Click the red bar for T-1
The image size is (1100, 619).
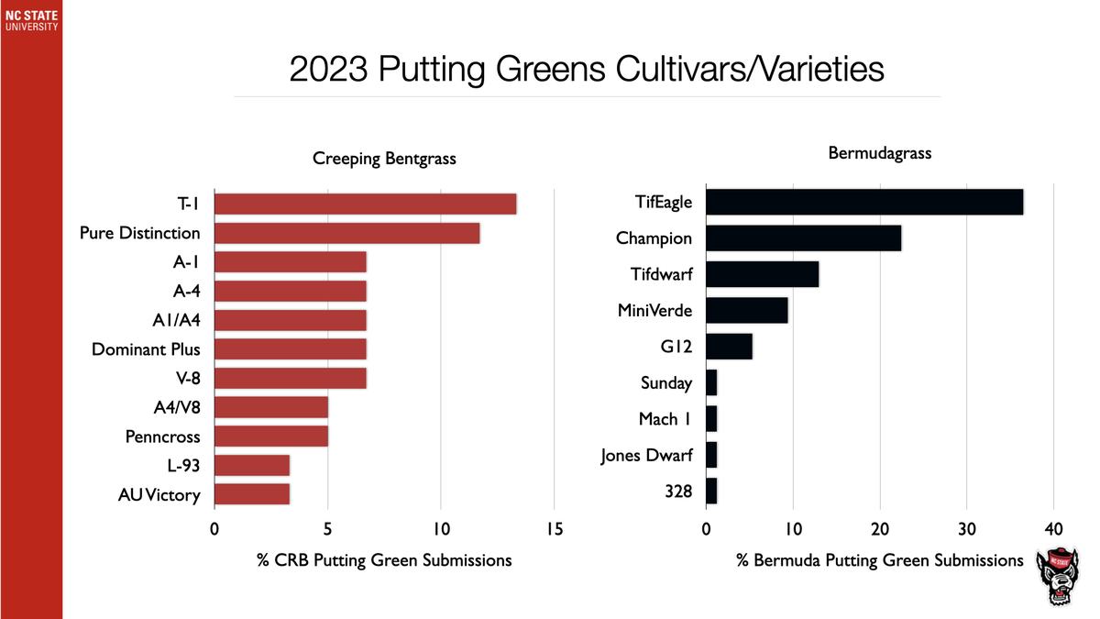[365, 204]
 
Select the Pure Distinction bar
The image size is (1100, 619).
[346, 233]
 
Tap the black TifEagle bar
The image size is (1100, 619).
[864, 202]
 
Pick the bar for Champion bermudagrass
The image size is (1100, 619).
[804, 238]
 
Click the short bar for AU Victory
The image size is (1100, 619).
[252, 494]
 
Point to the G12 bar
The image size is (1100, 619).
[730, 347]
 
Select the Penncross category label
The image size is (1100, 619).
[162, 437]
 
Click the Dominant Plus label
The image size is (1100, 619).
[146, 349]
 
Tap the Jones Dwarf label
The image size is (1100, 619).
[646, 455]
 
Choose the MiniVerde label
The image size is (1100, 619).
[654, 311]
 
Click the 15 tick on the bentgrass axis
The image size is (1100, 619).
[554, 529]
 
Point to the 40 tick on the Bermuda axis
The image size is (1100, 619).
[1053, 529]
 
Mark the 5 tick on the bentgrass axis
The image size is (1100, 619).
[327, 529]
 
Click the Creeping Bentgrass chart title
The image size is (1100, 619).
[384, 160]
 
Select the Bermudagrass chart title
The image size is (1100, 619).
[879, 153]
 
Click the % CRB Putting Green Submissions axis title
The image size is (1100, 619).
[384, 560]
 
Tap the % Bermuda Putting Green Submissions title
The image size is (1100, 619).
[879, 560]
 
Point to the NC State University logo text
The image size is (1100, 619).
[30, 20]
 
